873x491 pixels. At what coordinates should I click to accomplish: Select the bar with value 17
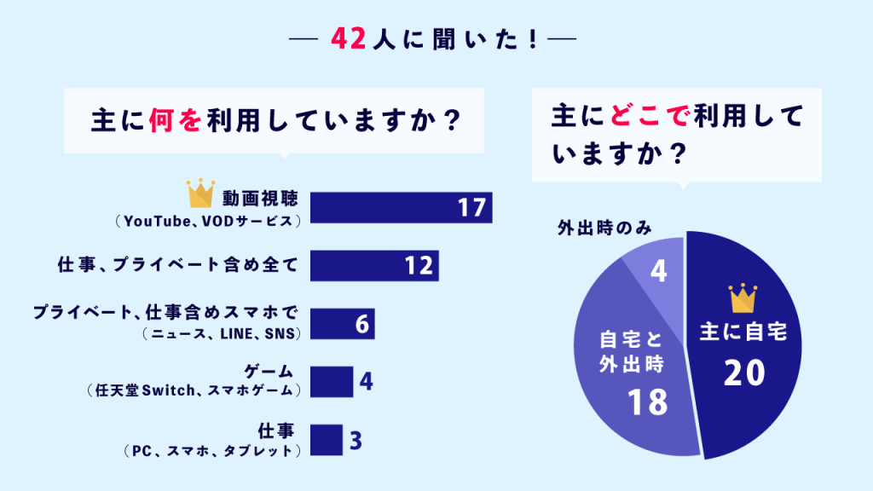click(401, 207)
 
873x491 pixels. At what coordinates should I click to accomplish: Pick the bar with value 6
click(341, 323)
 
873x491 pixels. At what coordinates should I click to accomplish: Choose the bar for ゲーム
click(331, 381)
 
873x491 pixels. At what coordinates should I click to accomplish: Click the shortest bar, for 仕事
click(326, 439)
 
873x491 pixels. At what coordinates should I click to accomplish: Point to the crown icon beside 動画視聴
click(199, 194)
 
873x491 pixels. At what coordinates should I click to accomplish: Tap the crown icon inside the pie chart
click(743, 299)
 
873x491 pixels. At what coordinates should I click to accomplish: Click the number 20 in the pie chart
click(743, 373)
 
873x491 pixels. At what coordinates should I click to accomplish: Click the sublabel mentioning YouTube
click(207, 221)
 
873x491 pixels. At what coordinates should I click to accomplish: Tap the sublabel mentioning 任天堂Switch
click(194, 391)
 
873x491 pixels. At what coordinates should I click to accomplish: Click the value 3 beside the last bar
click(356, 440)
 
